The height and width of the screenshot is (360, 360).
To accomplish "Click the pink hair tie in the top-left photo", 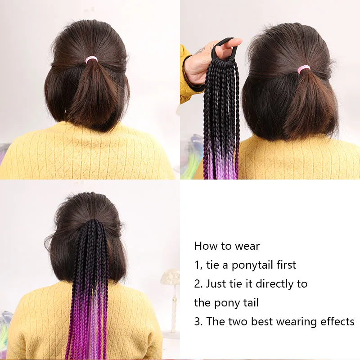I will pos(91,59).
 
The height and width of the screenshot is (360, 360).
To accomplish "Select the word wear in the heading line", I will pos(247,246).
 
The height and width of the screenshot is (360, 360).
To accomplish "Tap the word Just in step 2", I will pos(216,284).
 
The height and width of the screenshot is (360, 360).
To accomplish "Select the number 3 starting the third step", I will pos(197,322).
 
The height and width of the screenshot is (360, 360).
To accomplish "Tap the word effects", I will pos(337,322).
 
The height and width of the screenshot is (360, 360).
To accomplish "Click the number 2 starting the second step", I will pos(197,284).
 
